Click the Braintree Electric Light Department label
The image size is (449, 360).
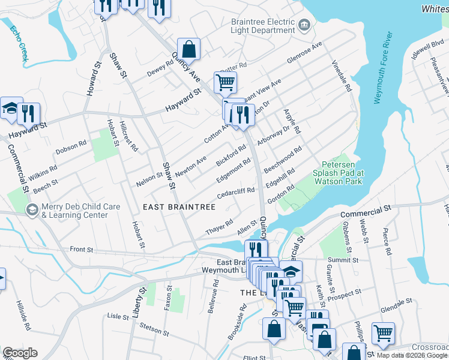tap(262, 25)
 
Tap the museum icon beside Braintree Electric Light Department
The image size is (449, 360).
tap(304, 25)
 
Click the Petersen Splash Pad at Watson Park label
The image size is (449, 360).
tap(342, 172)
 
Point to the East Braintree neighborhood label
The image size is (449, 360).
tap(179, 207)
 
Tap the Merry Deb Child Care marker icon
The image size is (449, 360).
tap(31, 209)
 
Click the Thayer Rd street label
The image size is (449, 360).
tap(219, 226)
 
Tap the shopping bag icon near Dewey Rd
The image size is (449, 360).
tap(188, 50)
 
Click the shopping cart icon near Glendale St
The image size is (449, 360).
tap(383, 332)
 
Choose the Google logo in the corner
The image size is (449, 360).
tap(20, 353)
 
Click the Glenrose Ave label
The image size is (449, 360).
tap(304, 53)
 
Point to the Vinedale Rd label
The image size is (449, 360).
tap(342, 76)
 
